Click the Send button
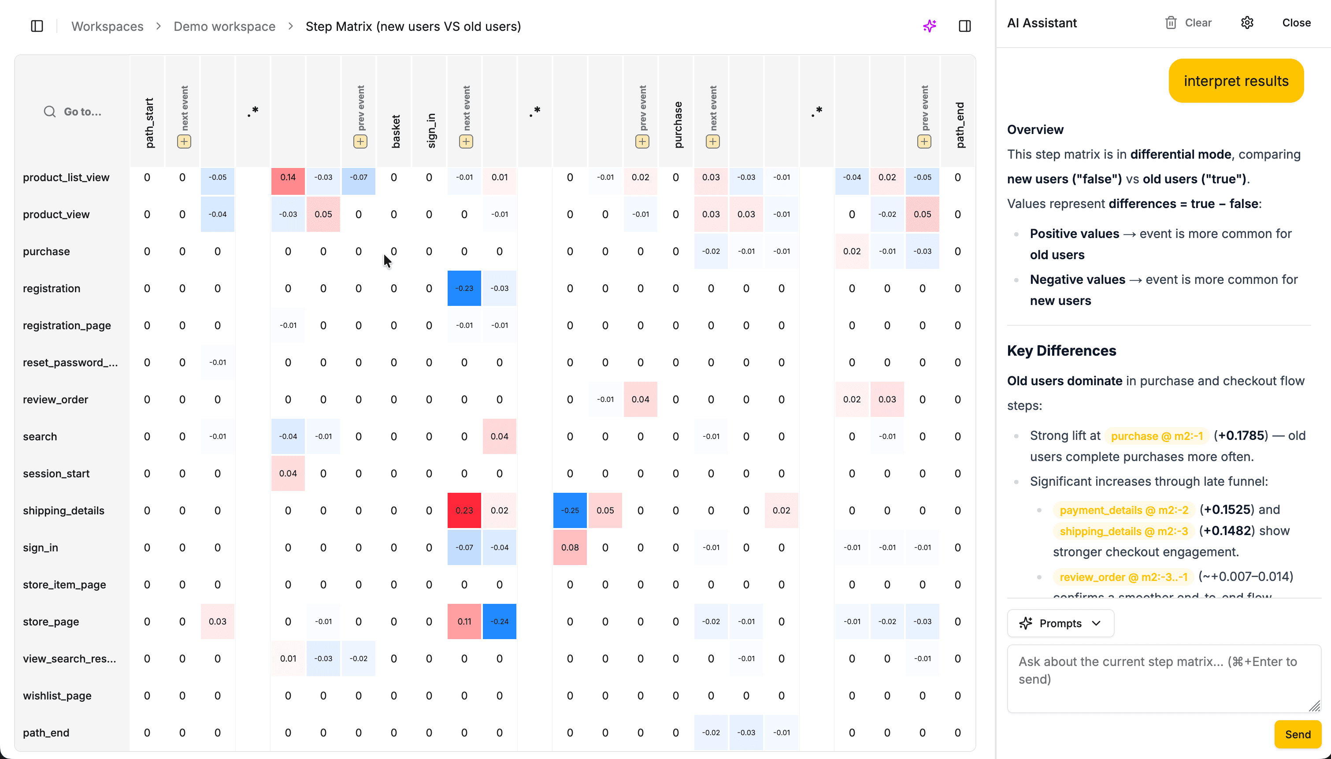(1297, 734)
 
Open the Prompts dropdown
(1060, 623)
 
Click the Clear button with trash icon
(1188, 23)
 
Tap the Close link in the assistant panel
(1296, 23)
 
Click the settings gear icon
(1246, 23)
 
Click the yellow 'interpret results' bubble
(1236, 81)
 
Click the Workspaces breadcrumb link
(108, 26)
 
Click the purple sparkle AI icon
(929, 26)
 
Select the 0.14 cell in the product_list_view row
(288, 178)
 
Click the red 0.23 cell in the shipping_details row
(464, 510)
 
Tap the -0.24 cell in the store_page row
(499, 621)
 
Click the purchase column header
(677, 125)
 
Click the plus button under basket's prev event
(360, 142)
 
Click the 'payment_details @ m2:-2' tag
(1123, 510)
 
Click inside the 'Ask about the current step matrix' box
(1163, 678)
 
